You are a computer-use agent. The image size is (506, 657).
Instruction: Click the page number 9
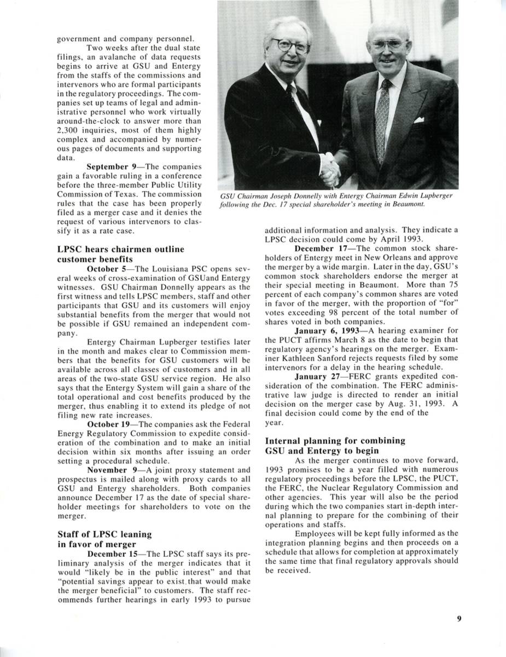pyautogui.click(x=459, y=619)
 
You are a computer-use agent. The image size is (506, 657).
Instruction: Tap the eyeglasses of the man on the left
pyautogui.click(x=288, y=45)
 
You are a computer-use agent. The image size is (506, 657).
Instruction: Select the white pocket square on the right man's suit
pyautogui.click(x=418, y=119)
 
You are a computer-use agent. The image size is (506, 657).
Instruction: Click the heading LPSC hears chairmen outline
pyautogui.click(x=120, y=249)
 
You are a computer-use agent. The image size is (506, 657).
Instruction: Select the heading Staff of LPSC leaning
pyautogui.click(x=104, y=534)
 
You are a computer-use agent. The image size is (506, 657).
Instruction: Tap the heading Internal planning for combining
pyautogui.click(x=335, y=440)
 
